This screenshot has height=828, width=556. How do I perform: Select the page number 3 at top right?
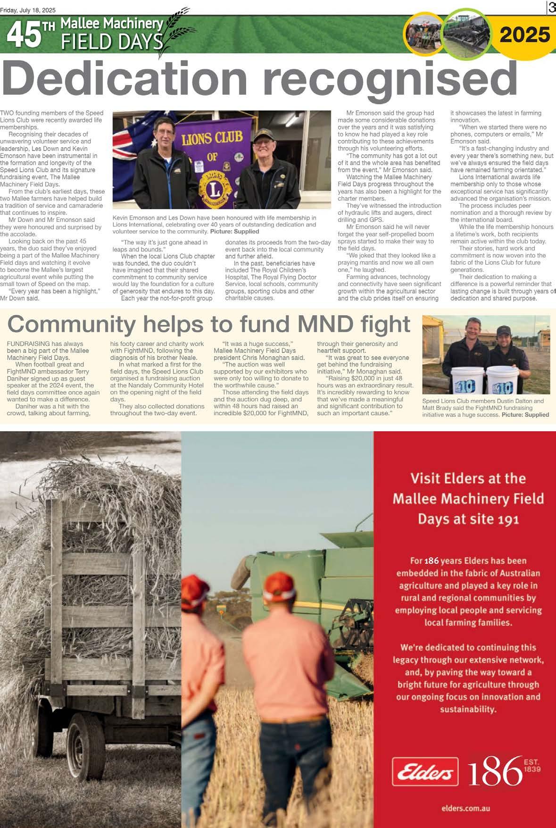(x=551, y=8)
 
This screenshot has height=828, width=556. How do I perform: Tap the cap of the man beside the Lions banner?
(x=263, y=137)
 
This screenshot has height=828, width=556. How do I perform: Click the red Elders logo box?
(x=425, y=771)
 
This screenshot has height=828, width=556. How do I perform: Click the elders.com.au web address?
(x=465, y=808)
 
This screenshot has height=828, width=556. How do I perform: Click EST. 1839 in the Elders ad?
(x=532, y=765)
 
